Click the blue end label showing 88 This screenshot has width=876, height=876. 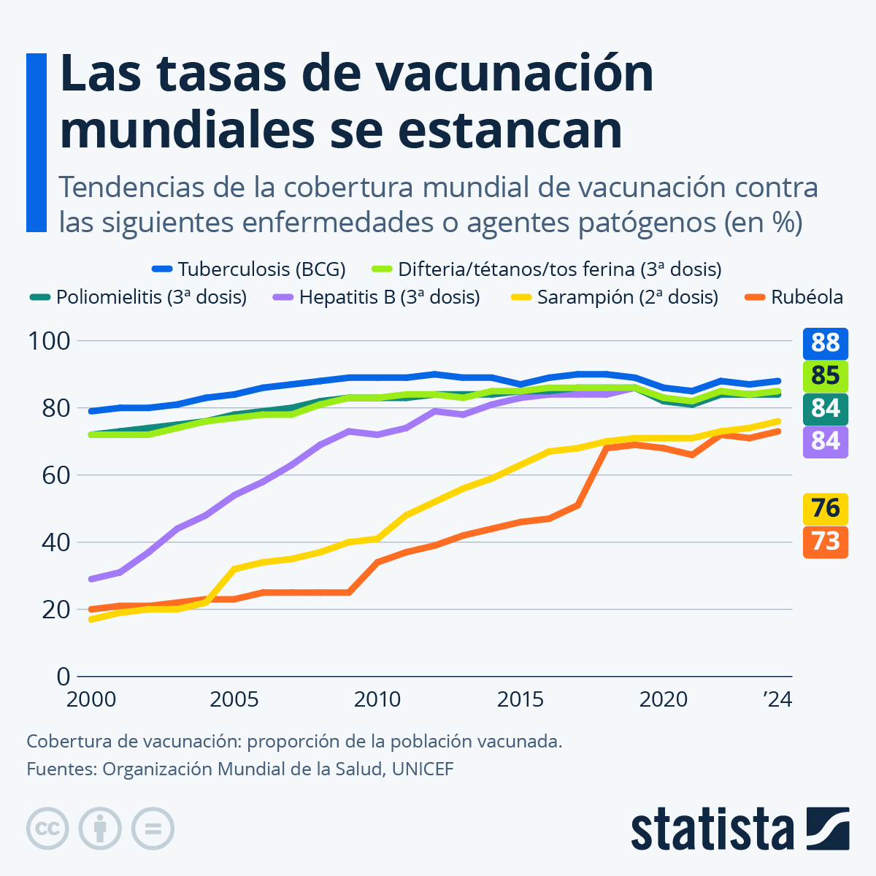[826, 342]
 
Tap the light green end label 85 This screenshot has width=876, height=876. [826, 375]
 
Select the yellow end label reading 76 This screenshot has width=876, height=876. [826, 508]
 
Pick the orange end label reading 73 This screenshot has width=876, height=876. [826, 542]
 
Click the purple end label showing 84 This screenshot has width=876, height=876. [826, 441]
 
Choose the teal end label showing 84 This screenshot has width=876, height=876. [826, 408]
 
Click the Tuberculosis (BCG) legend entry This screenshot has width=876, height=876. [248, 269]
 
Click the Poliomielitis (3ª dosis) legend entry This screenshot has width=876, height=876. [139, 297]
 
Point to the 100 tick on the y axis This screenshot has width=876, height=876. [48, 341]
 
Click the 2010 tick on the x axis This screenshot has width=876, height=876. [377, 699]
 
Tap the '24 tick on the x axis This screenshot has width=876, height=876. [777, 699]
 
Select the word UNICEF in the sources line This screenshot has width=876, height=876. [423, 769]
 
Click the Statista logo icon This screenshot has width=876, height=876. [828, 829]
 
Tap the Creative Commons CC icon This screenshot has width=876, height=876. [47, 829]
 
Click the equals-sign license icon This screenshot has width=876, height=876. [153, 829]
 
